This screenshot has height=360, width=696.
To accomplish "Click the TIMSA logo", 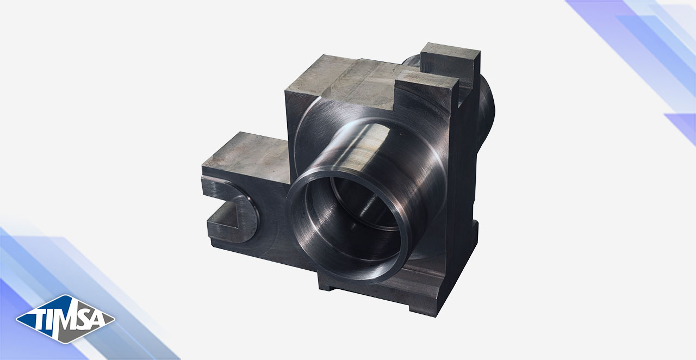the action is (66, 319).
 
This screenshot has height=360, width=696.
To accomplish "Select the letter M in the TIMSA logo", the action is (67, 317).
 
